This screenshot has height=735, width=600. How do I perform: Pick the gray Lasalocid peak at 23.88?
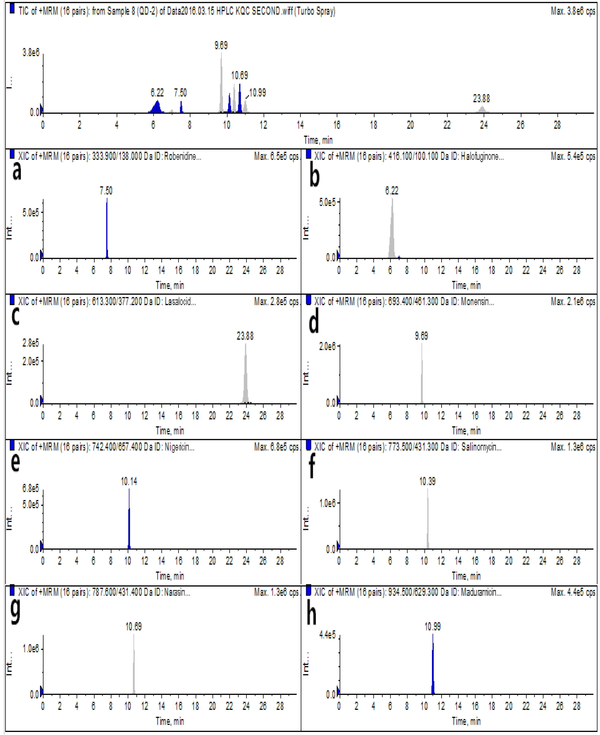245,376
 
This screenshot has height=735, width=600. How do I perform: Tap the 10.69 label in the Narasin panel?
133,627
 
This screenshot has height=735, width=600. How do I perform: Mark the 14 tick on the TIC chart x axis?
300,125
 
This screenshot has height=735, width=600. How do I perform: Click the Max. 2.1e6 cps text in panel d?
573,302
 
